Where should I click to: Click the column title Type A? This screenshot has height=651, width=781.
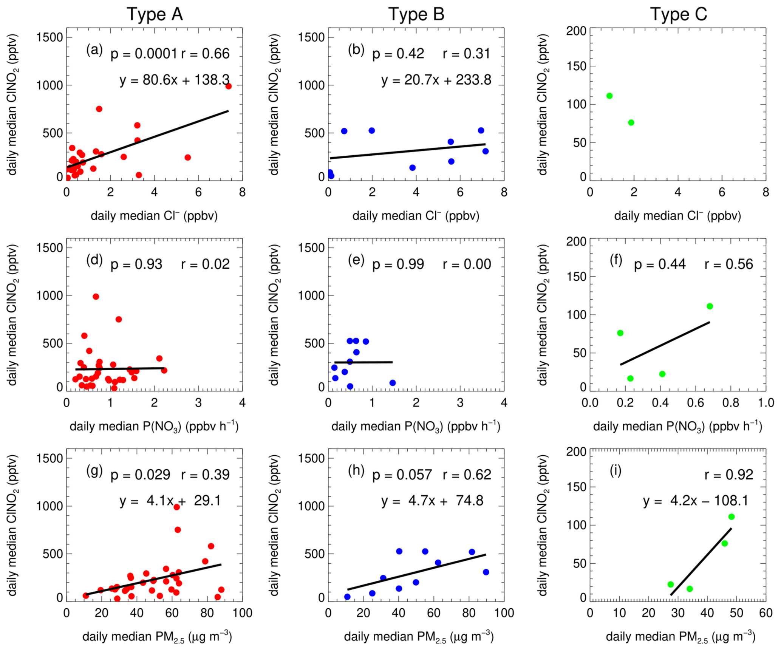155,14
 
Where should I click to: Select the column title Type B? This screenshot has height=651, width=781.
416,14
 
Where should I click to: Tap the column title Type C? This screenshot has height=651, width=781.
678,14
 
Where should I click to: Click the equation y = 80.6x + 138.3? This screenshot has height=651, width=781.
175,80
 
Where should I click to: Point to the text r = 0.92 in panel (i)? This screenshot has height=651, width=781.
728,475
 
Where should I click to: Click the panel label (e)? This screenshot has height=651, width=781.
356,260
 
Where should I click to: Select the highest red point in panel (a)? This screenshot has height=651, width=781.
228,86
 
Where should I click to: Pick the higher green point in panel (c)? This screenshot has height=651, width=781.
609,96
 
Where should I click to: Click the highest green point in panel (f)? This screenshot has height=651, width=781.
710,306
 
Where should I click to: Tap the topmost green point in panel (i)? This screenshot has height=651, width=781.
731,517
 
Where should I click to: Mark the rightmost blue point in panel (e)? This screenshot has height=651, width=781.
393,383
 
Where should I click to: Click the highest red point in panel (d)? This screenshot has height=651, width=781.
96,297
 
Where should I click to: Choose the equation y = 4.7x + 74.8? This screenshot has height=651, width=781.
432,501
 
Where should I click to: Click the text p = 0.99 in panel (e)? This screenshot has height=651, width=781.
398,264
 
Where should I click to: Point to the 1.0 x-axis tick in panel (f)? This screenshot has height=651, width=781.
766,403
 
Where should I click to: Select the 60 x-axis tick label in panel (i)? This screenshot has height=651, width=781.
766,613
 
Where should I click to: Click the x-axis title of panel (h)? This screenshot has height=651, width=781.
419,637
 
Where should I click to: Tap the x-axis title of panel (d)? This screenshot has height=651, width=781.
154,426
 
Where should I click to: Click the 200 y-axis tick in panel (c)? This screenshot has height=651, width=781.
576,31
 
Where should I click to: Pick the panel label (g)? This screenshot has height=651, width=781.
94,470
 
